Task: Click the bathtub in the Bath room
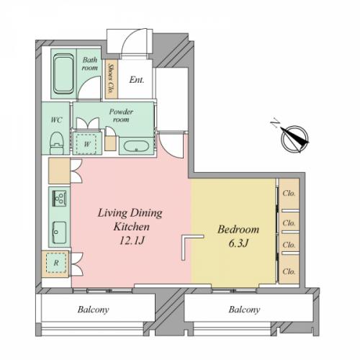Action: coord(63,73)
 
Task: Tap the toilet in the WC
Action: coord(57,143)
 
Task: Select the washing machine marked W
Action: coord(87,143)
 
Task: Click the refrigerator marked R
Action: coord(56,263)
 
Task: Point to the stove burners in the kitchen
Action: coord(59,198)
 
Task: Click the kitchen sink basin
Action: coord(60,233)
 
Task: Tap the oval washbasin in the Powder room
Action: coord(136,146)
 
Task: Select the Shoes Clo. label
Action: coord(111,78)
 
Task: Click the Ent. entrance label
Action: coord(137,80)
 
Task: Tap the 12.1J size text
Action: coord(132,240)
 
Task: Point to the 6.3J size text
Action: coord(238,243)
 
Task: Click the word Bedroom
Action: coord(238,230)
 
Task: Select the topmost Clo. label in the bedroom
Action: coord(289,193)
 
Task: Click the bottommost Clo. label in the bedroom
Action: coord(289,271)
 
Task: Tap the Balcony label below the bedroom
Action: coord(244,310)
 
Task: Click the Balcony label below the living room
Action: coord(93,310)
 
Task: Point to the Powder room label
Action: coord(121,115)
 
